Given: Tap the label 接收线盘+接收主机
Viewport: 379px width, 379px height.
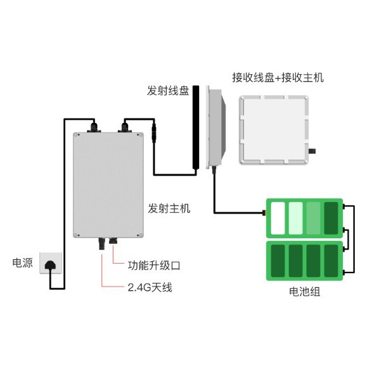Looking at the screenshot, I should click(278, 78).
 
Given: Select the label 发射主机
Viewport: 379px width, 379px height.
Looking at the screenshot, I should click(169, 208).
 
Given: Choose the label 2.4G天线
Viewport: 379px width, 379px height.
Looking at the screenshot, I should click(150, 288).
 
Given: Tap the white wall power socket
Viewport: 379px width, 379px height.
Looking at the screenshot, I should click(51, 262).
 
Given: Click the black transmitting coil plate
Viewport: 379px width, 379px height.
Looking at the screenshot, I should click(197, 127).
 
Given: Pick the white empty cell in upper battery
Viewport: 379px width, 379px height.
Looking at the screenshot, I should click(278, 217).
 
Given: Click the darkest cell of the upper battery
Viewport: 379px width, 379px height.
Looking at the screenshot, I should click(331, 217).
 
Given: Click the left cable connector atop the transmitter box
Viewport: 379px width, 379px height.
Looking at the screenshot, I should click(94, 129).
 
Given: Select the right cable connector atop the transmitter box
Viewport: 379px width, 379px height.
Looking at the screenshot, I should click(125, 129).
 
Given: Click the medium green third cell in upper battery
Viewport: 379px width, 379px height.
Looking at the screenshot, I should click(314, 217).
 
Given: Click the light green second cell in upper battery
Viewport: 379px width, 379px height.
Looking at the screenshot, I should click(296, 217).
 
